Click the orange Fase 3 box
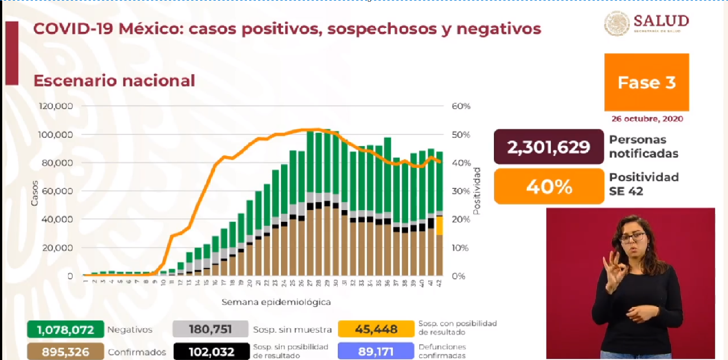pos(647,82)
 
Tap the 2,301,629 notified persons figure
pos(549,147)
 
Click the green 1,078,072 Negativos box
pos(65,329)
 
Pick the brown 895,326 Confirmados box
pos(65,352)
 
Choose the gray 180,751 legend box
pos(210,329)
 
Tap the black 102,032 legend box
pos(210,352)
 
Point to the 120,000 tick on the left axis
pos(56,106)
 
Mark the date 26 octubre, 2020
pos(647,119)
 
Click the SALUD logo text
pos(661,21)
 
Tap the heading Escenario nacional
pos(114,81)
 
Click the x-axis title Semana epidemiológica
pos(276,302)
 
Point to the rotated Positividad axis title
pos(477,190)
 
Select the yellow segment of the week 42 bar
pos(439,225)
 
